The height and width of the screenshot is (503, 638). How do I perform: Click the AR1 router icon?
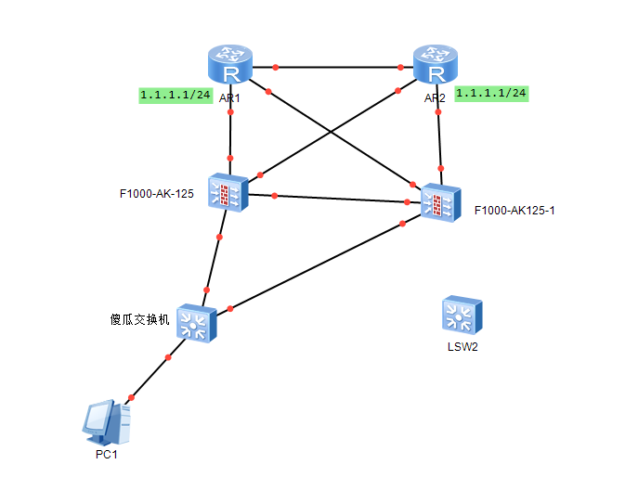[228, 66]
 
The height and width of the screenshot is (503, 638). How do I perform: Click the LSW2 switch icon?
[462, 316]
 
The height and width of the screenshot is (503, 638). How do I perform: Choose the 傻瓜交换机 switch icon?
[196, 322]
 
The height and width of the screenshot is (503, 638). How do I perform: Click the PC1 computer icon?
[107, 422]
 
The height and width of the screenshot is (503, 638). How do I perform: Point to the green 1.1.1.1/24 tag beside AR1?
[176, 95]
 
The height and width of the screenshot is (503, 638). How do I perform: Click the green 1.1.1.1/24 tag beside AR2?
[491, 93]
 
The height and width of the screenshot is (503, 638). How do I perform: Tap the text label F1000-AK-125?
[156, 194]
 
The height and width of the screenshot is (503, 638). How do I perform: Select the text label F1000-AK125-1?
[514, 211]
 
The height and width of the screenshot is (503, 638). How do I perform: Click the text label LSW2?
[462, 348]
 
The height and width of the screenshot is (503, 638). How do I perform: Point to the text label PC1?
[107, 455]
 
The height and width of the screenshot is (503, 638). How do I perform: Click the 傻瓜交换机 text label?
[139, 319]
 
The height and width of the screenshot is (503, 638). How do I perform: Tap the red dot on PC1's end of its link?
[131, 398]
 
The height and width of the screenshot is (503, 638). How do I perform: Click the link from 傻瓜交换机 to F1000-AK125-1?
[316, 265]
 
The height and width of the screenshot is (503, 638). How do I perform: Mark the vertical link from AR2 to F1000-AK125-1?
[439, 139]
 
